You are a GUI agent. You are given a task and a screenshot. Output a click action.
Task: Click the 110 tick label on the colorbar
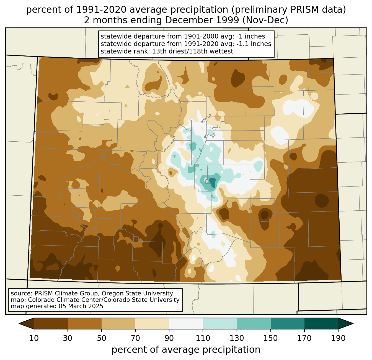(x=203, y=338)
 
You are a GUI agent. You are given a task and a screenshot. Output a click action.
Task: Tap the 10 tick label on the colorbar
(x=34, y=338)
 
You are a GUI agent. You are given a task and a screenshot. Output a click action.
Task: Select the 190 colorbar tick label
(x=338, y=338)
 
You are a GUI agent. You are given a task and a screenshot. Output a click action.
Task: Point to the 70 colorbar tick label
(x=135, y=338)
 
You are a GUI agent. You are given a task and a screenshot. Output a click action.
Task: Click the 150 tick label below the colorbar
(x=270, y=338)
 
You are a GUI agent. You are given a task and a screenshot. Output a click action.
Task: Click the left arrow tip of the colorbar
(x=19, y=324)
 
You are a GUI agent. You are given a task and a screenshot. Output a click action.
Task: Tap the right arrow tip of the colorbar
(x=353, y=324)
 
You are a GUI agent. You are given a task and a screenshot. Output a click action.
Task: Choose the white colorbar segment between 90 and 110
(x=186, y=324)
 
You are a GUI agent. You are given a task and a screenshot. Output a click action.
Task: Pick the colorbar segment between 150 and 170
(x=288, y=324)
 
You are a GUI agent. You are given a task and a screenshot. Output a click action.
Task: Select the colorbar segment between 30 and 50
(x=85, y=324)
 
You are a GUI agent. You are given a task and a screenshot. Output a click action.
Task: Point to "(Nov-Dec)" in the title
(x=265, y=20)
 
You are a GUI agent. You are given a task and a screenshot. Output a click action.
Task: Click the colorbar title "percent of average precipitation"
(x=186, y=349)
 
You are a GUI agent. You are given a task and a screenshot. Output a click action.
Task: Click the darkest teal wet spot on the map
(x=212, y=182)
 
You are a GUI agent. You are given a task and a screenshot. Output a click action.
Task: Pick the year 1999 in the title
(x=228, y=20)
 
